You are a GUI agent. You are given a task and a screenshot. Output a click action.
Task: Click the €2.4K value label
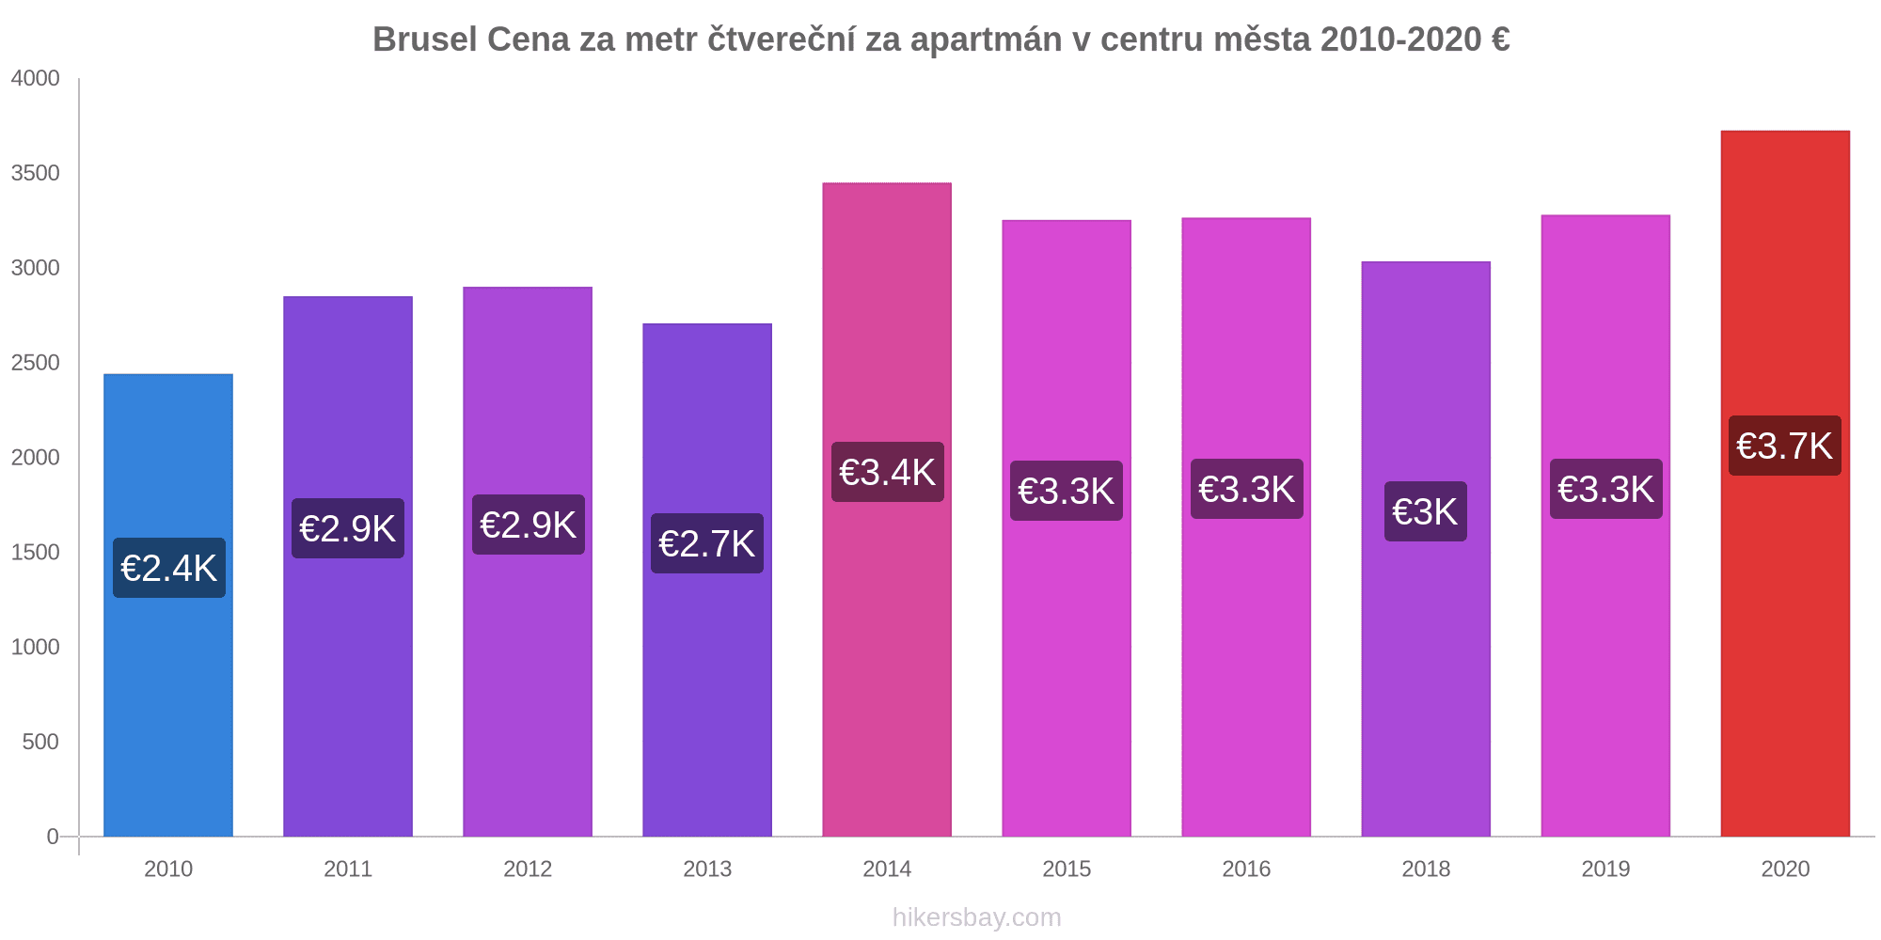point(169,568)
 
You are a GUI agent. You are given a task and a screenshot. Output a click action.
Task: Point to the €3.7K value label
point(1785,446)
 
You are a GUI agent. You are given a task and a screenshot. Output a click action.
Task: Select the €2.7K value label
point(707,543)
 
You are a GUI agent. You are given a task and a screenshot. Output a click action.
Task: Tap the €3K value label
point(1426,511)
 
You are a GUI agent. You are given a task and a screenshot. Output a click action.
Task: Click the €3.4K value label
point(888,472)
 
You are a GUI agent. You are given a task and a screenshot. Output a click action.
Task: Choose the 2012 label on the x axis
point(528,869)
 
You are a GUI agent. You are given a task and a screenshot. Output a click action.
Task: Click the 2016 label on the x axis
point(1246,869)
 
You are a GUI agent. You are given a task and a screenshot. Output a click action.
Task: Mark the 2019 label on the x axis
point(1605,869)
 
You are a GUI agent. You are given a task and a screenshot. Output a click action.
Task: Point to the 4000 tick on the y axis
point(36,78)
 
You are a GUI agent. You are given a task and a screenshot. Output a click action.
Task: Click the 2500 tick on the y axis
point(36,363)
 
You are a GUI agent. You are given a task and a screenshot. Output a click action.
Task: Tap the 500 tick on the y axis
point(41,742)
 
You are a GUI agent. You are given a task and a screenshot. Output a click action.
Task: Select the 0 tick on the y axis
point(53,837)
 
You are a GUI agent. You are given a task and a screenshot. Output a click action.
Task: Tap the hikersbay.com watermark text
point(976,917)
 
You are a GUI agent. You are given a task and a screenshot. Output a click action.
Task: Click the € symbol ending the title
point(1500,39)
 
